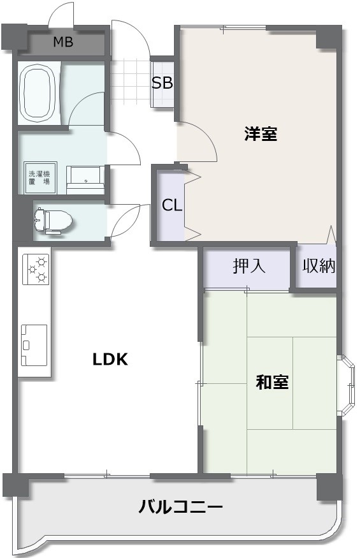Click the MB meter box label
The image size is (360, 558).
click(x=63, y=42)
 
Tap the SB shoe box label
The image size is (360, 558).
click(x=162, y=82)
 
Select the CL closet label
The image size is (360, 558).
click(x=172, y=205)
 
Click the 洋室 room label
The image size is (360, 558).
click(x=261, y=134)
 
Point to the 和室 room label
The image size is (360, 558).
click(x=272, y=382)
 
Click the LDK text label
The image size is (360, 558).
click(x=110, y=360)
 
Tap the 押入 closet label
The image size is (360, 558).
click(x=249, y=265)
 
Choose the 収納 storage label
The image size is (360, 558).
click(x=319, y=265)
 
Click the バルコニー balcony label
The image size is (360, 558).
click(x=180, y=506)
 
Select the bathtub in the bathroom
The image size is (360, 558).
click(x=39, y=93)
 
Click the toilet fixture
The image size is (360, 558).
click(x=54, y=221)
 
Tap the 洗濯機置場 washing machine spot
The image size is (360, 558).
click(x=40, y=177)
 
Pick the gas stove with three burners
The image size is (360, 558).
click(x=36, y=269)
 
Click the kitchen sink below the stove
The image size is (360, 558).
click(x=34, y=345)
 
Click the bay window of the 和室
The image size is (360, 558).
click(x=346, y=385)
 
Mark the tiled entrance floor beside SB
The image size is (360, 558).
click(x=130, y=83)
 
